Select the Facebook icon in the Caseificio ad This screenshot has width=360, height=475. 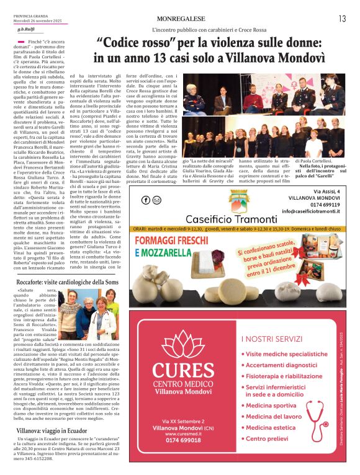click(146, 200)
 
